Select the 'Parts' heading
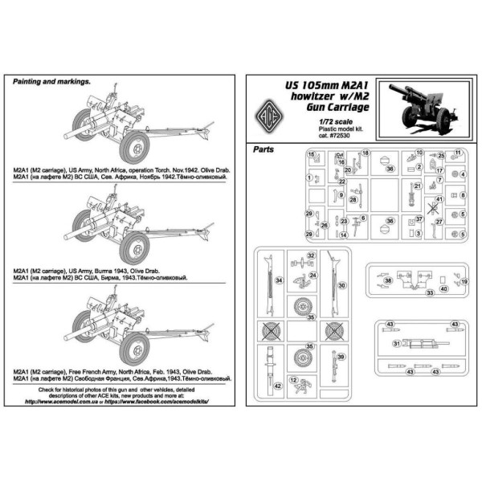coord(263,149)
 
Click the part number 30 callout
coord(342,285)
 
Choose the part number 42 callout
coord(277,386)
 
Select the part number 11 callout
coord(458,153)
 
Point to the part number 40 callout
coord(444,289)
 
